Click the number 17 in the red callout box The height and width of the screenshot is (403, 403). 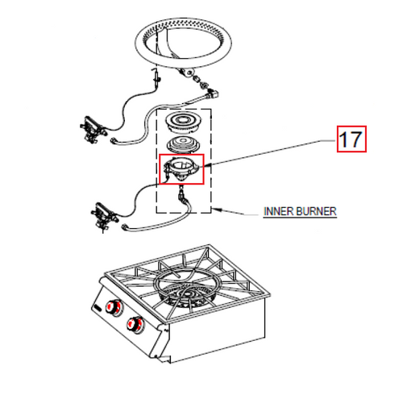pos(351,140)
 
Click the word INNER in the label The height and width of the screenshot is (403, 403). pos(278,212)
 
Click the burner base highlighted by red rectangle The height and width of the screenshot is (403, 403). pos(182,169)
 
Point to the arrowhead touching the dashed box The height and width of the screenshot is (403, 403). pos(216,212)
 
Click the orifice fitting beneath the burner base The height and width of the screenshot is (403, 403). pos(181,193)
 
